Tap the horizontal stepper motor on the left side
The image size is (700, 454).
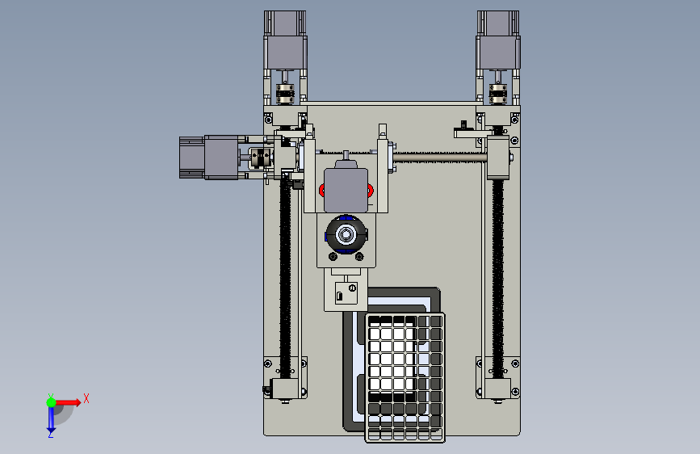pyautogui.click(x=209, y=158)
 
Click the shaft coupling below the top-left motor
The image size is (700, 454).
pyautogui.click(x=285, y=94)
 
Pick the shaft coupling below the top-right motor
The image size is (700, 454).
pyautogui.click(x=498, y=94)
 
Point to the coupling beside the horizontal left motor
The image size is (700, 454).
pyautogui.click(x=260, y=158)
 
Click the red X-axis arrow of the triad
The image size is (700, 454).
pyautogui.click(x=68, y=402)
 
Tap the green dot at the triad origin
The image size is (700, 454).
pyautogui.click(x=52, y=402)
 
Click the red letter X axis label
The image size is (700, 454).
pyautogui.click(x=86, y=398)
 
